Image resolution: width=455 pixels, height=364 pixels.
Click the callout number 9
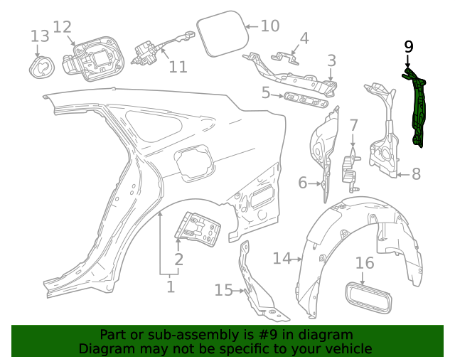[408, 47]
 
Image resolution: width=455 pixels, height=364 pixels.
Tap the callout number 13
[40, 36]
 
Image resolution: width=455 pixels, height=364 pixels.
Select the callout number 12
[63, 27]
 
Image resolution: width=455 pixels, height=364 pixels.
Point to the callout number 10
[270, 26]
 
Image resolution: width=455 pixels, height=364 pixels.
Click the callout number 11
[178, 67]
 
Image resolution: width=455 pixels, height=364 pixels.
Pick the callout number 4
[304, 38]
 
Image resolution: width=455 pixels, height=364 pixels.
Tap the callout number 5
[266, 92]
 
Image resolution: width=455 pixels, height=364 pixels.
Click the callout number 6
[303, 183]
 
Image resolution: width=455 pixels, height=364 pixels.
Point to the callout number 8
[416, 173]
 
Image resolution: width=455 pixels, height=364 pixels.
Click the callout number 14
[282, 258]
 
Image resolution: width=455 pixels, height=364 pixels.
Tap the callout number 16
[364, 264]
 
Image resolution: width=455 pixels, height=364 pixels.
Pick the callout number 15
[224, 289]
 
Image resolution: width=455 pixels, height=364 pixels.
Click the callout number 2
[179, 259]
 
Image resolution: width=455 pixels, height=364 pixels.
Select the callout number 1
[171, 287]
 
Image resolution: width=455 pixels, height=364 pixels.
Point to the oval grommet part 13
[41, 65]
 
